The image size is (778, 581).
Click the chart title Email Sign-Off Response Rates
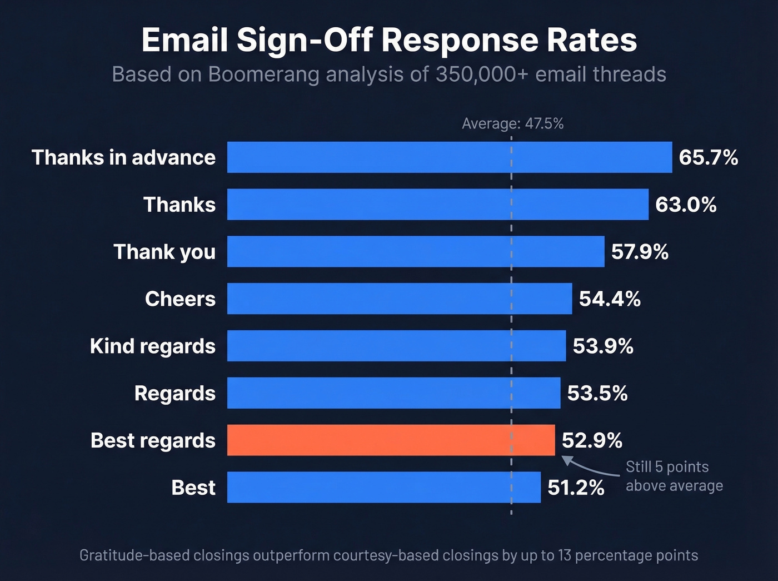click(389, 40)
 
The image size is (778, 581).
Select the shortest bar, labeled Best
click(383, 488)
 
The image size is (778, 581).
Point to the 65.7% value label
click(708, 157)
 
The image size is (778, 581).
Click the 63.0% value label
click(686, 205)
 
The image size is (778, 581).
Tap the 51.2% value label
click(576, 488)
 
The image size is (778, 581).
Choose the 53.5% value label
click(597, 393)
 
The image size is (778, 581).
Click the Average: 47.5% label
click(512, 123)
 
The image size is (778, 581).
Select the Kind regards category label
click(152, 346)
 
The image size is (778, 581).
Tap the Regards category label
click(174, 393)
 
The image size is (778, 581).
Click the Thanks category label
click(179, 205)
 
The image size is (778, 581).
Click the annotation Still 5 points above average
click(674, 476)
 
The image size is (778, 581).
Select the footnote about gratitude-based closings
click(388, 555)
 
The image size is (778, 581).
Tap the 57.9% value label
click(640, 251)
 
